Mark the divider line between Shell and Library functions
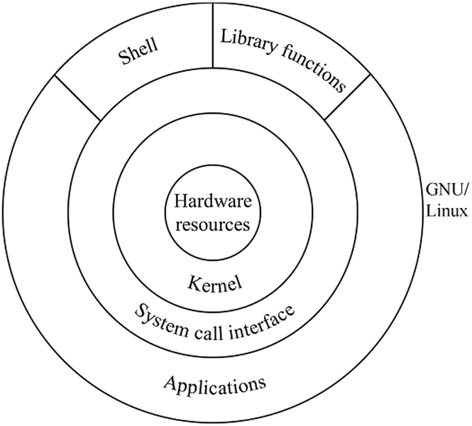click(x=213, y=35)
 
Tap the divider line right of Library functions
click(x=348, y=97)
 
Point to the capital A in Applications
click(x=170, y=384)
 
